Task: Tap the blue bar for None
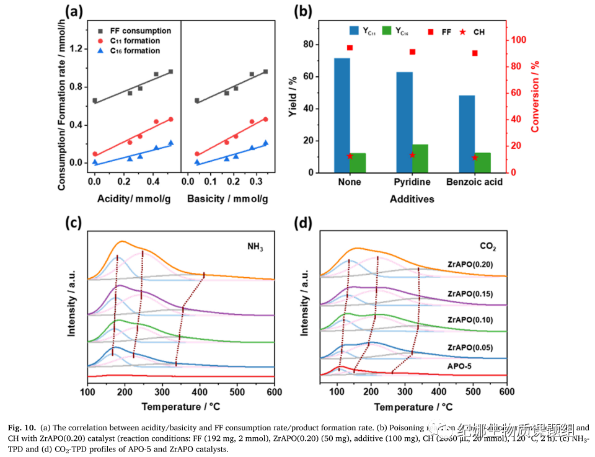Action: pos(342,115)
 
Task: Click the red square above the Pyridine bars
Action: pos(412,52)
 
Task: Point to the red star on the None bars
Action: pos(350,156)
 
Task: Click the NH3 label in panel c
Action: pos(255,247)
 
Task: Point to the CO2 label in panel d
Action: pos(488,247)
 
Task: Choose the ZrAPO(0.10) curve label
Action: pos(470,320)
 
